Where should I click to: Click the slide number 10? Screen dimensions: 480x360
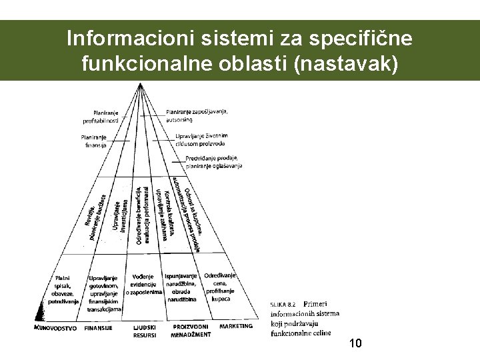[x=355, y=343]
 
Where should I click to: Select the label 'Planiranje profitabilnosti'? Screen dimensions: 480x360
[x=101, y=116]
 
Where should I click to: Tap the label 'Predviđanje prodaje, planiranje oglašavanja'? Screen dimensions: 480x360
[x=214, y=161]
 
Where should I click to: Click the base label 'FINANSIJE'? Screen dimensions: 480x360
[x=98, y=327]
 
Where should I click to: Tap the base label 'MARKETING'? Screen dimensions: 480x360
[x=236, y=326]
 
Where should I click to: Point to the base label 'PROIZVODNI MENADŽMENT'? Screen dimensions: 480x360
[x=191, y=331]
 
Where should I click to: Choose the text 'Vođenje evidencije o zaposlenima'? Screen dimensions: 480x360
[x=143, y=284]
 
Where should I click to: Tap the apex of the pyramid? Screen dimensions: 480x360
[x=140, y=83]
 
